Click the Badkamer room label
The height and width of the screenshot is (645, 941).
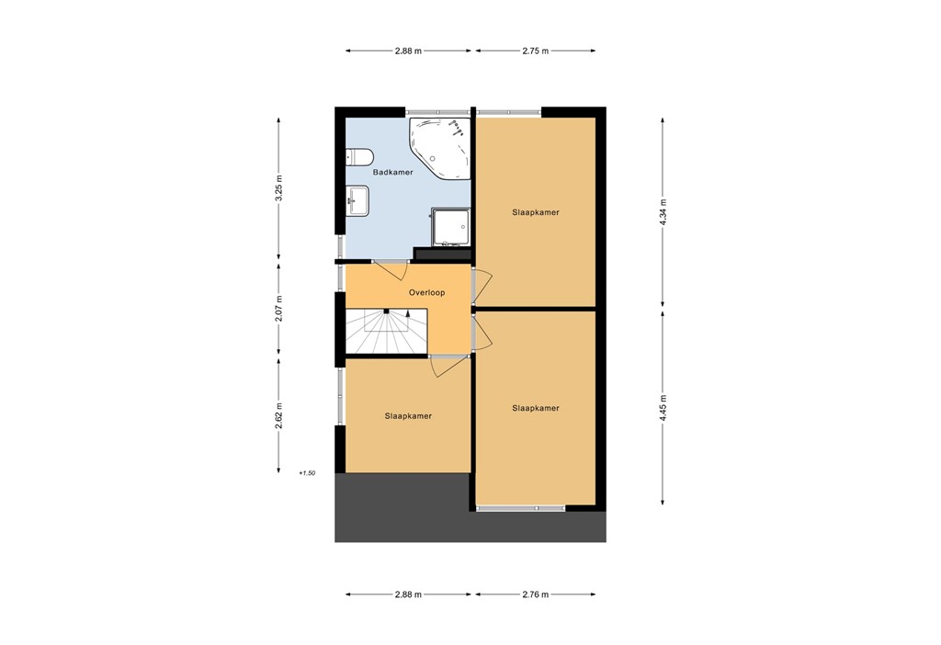tap(392, 172)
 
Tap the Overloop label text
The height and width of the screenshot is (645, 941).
tap(426, 292)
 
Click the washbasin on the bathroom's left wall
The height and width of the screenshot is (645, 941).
tap(357, 199)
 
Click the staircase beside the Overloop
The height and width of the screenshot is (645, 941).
tap(386, 332)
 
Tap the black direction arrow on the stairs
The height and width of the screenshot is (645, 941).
tap(408, 315)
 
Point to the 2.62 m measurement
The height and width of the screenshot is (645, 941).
tap(278, 415)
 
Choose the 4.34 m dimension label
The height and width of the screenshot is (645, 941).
tap(663, 212)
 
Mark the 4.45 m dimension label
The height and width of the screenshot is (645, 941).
tap(663, 406)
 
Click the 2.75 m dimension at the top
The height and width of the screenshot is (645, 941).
tap(535, 51)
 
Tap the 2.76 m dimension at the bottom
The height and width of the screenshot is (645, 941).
tap(535, 594)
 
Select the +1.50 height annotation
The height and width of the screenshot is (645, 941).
tap(307, 473)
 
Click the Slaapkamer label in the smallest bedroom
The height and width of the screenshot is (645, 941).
tap(408, 415)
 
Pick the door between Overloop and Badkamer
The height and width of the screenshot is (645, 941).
tap(392, 269)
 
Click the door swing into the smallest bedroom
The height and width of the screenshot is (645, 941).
tap(448, 365)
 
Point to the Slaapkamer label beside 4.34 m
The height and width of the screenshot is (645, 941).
tap(536, 212)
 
